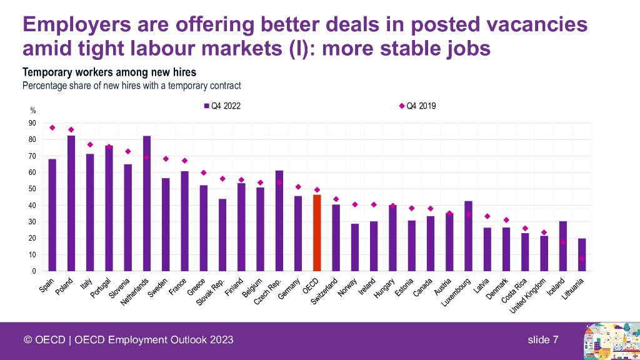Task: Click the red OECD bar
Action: point(317,232)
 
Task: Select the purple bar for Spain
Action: point(52,215)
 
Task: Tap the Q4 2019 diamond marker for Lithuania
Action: point(582,258)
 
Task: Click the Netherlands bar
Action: point(147,203)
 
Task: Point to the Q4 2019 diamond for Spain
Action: point(52,127)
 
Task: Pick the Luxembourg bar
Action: point(468,236)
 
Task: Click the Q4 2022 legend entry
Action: point(222,106)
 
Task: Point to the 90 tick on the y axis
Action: point(32,123)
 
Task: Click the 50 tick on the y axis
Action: point(32,189)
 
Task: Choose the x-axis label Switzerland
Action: point(326,291)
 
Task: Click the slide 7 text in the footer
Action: point(542,339)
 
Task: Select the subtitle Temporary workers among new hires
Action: point(109,72)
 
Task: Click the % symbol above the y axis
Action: point(33,111)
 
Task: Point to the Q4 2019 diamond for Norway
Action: point(355,204)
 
